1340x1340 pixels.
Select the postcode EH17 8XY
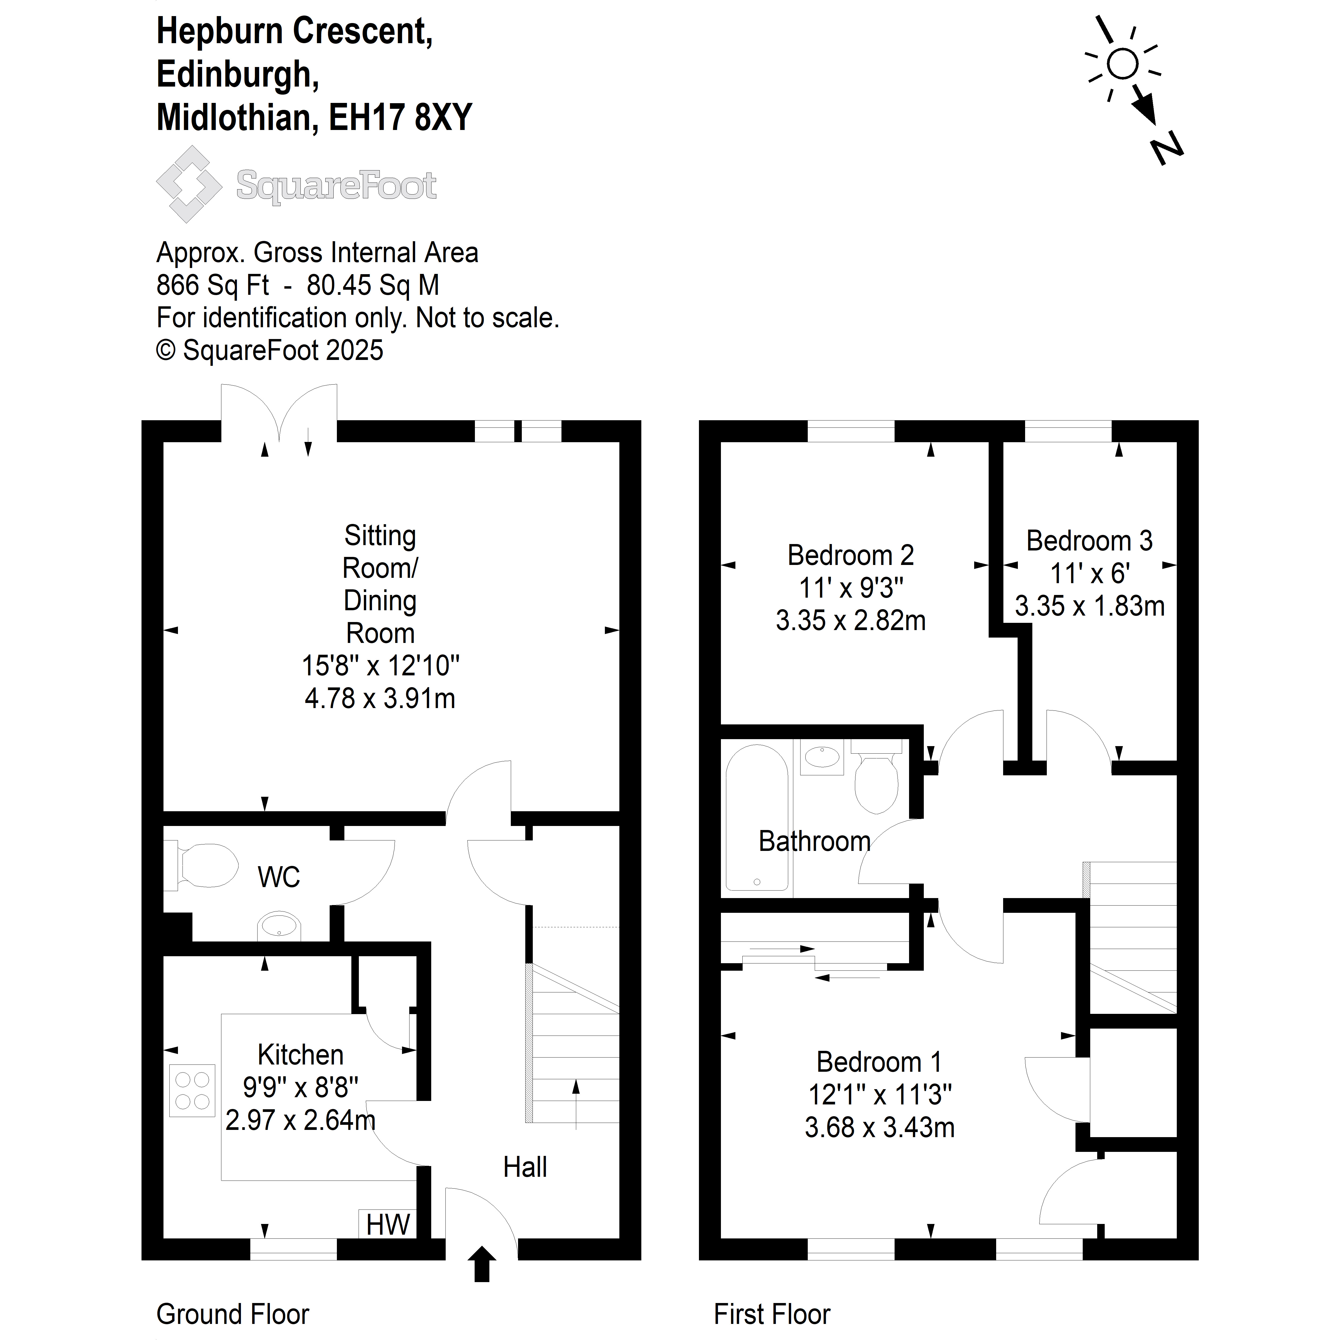point(400,117)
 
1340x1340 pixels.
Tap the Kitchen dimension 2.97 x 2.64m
point(300,1120)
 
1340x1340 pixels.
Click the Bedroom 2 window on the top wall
point(851,431)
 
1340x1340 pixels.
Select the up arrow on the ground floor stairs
point(576,1104)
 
